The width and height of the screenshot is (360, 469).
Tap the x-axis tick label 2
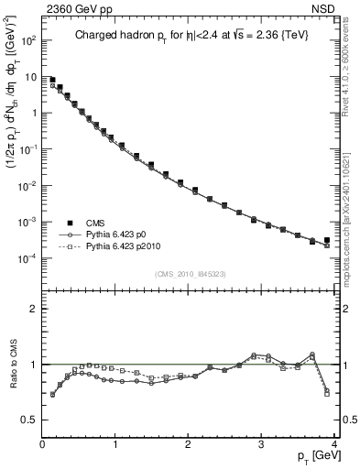pos(188,445)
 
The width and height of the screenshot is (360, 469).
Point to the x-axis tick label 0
pos(42,445)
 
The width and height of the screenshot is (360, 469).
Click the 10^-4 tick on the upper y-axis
pos(27,257)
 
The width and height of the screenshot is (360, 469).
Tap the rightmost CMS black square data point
pos(327,240)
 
